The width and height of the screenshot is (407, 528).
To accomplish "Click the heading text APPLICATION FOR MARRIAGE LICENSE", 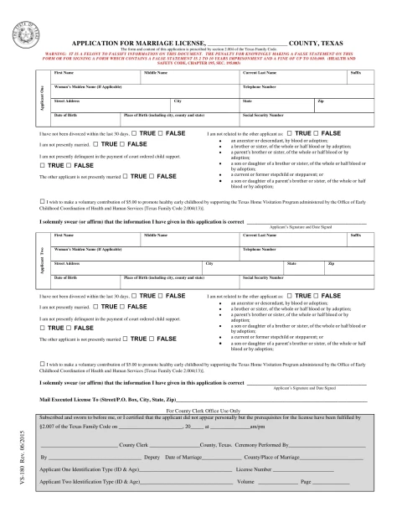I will pos(142,39).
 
